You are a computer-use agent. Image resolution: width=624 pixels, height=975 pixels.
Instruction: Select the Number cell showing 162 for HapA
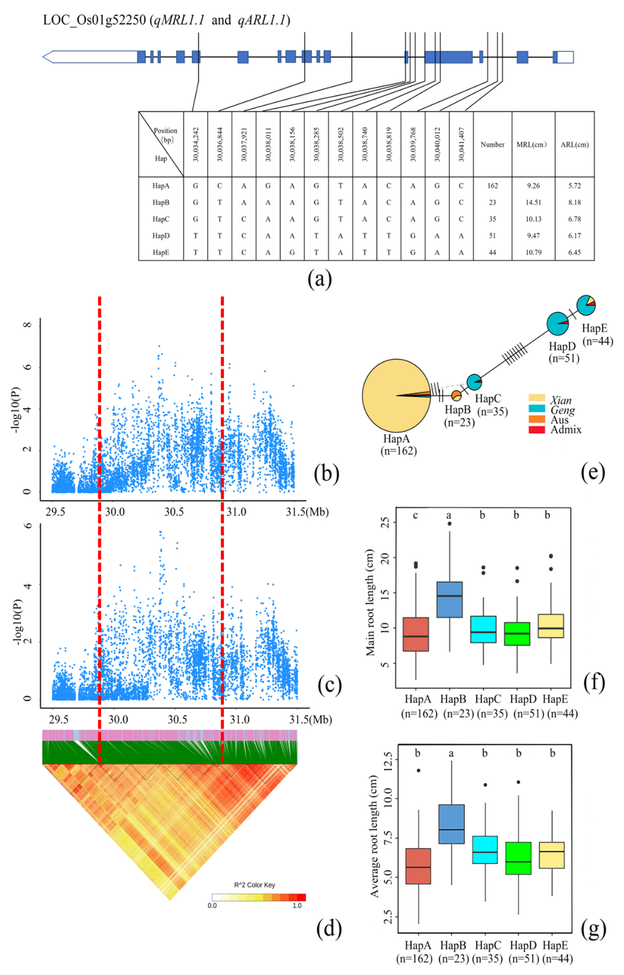492,186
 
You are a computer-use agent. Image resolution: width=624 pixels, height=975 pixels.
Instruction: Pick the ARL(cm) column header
574,145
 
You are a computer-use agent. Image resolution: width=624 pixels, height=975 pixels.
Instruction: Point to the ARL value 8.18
574,203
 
